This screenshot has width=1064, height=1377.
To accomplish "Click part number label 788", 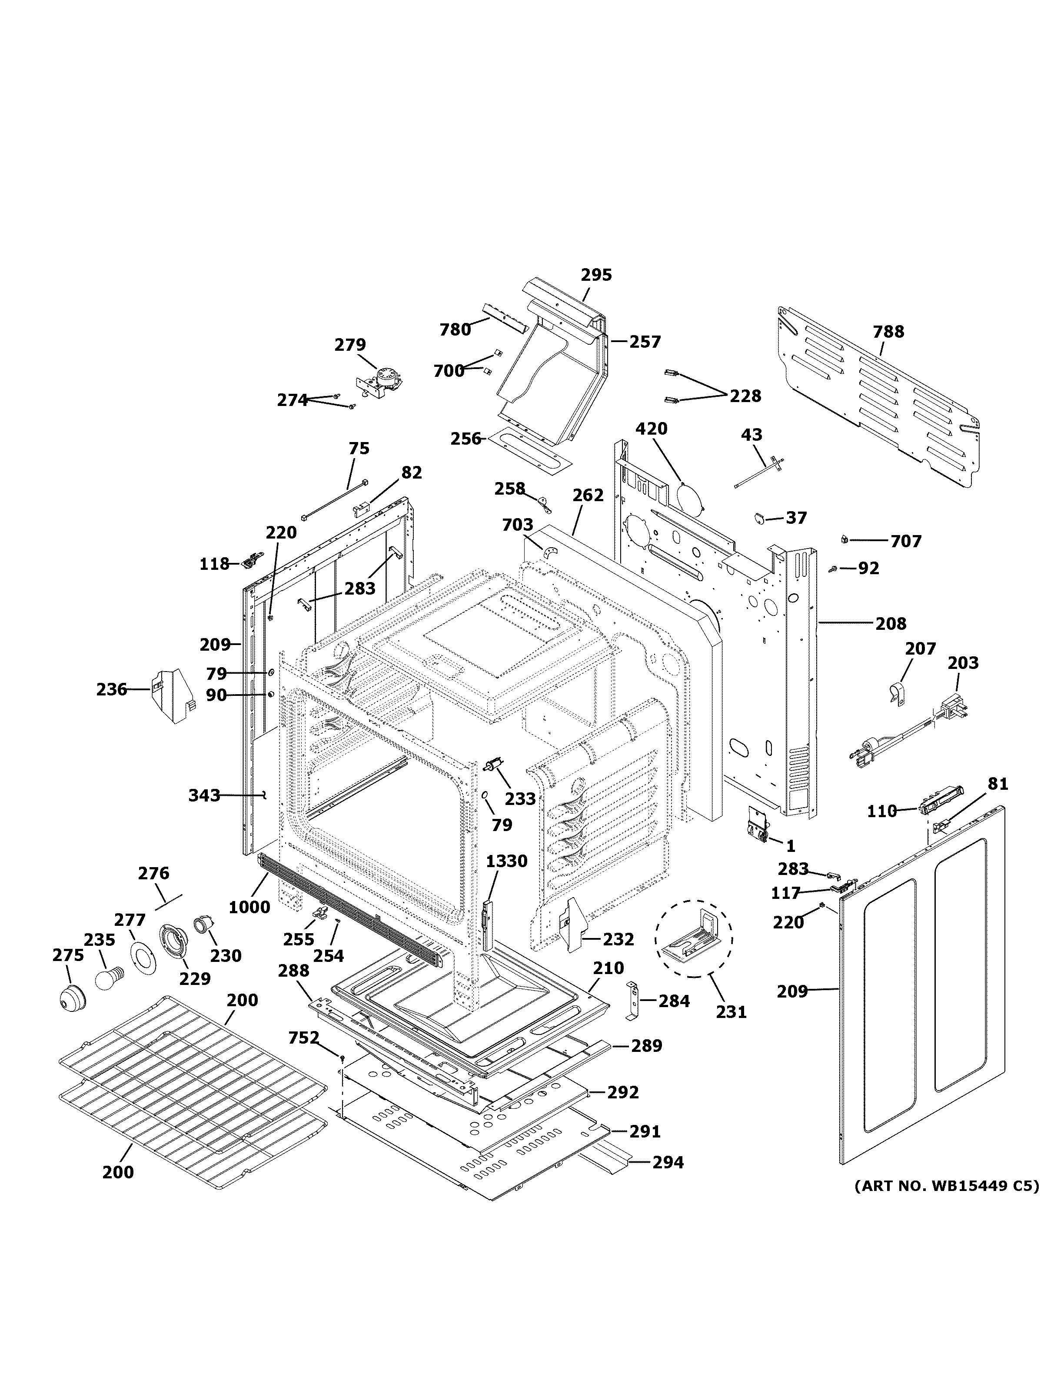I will [x=888, y=332].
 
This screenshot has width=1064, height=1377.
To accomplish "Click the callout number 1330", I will [x=506, y=861].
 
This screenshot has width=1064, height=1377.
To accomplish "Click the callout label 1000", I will [x=249, y=907].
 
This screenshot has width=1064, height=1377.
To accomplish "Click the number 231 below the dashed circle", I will [x=731, y=1012].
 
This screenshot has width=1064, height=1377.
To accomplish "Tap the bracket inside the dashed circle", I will [x=692, y=938].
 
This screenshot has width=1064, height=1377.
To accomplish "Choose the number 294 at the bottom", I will [x=668, y=1162].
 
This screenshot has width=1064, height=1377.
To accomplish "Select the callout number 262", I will [x=588, y=496].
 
